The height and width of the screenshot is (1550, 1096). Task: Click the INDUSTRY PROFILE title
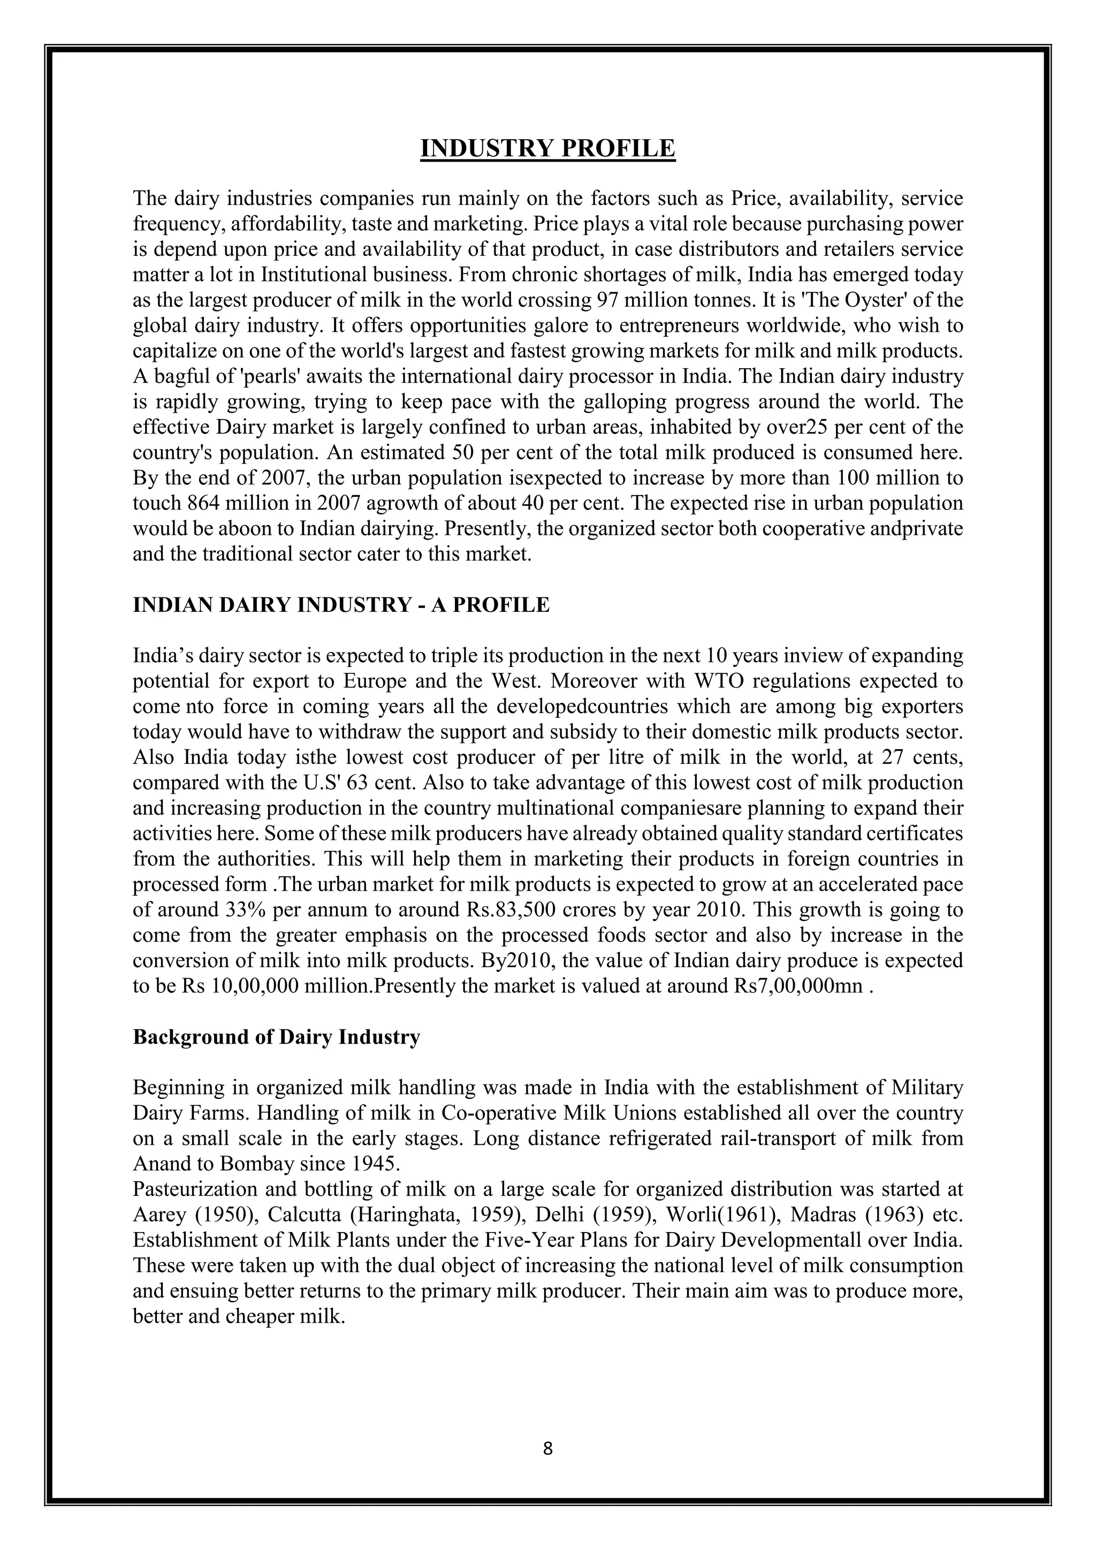pos(547,148)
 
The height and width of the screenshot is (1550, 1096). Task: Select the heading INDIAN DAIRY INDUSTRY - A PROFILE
pos(341,605)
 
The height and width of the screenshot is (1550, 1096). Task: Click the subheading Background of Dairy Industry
pos(276,1037)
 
